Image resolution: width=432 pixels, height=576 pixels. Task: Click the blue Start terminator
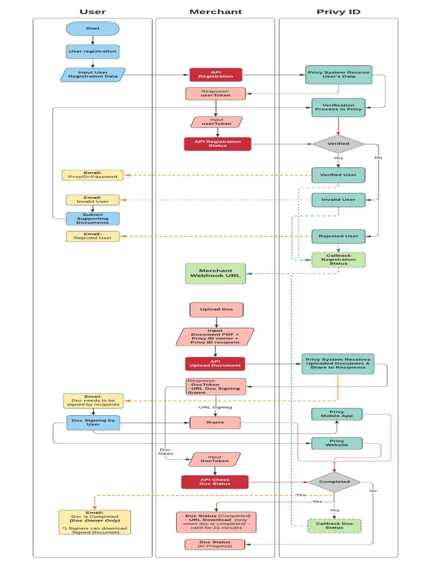click(93, 29)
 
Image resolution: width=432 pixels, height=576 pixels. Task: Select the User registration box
click(93, 52)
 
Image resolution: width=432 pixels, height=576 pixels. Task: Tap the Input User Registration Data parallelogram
click(93, 74)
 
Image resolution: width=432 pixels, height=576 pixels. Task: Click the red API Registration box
click(215, 74)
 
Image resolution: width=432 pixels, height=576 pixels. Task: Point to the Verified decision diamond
click(338, 143)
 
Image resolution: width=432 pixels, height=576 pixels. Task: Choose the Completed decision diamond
click(334, 481)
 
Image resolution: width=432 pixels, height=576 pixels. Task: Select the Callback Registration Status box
click(338, 259)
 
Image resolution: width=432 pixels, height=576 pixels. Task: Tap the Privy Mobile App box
click(337, 415)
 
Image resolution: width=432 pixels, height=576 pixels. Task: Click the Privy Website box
click(337, 443)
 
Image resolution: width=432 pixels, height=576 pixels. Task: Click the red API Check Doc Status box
click(214, 482)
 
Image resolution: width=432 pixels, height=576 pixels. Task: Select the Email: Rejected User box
click(93, 236)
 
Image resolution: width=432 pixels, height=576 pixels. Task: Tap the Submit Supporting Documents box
click(93, 218)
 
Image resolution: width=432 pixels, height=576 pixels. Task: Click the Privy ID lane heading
click(338, 11)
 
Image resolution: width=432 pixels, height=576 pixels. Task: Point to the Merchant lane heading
click(215, 11)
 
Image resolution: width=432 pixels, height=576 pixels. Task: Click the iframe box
click(215, 422)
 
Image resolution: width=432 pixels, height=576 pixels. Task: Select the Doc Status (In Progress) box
click(215, 544)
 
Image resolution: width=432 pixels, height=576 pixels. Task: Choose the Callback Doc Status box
click(334, 525)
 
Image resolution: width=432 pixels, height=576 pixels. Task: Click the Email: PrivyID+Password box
click(93, 175)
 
